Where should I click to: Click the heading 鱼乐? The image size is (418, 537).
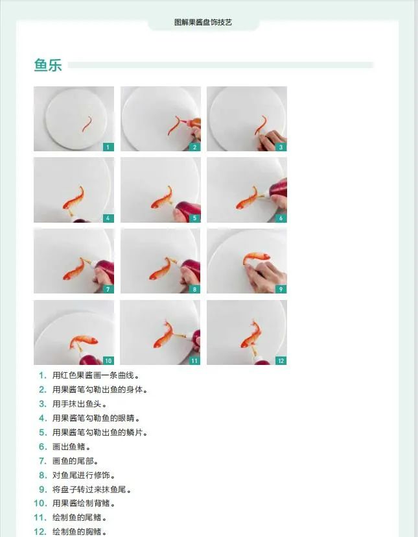pos(48,65)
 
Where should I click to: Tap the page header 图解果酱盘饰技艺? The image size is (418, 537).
pos(203,22)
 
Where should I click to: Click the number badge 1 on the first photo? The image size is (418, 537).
pos(108,147)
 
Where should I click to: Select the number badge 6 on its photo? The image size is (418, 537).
pos(281,218)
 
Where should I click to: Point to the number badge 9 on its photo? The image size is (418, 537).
pos(281,289)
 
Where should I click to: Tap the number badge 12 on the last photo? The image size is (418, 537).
pos(281,360)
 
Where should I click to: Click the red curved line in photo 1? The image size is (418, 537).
pos(87,124)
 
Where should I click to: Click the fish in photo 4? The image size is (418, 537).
pos(73,199)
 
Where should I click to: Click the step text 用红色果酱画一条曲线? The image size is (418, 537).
pos(95,375)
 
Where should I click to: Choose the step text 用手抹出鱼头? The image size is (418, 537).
pos(79,404)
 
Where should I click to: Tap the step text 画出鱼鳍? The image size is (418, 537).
pos(71,447)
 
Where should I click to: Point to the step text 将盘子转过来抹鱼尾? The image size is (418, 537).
pos(91,490)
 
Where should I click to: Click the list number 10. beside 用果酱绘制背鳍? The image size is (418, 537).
pos(40,503)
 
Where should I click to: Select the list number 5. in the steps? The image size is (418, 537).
pos(43,432)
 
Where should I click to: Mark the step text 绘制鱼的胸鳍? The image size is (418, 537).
pos(79,532)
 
